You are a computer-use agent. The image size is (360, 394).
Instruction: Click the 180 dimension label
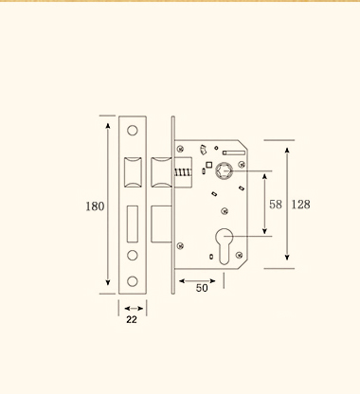point(95,206)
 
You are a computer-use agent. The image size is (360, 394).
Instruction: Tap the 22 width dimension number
point(132,320)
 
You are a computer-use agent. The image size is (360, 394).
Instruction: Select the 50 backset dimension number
point(202,288)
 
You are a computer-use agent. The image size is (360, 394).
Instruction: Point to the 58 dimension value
point(276,205)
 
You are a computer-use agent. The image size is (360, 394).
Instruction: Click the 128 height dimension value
point(300,205)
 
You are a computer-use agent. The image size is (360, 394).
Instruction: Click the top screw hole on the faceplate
point(133,130)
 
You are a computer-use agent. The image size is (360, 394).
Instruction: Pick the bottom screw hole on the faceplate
point(133,281)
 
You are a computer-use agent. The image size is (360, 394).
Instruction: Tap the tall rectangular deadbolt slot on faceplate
point(133,224)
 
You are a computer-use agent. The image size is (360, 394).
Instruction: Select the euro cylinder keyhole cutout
point(224,246)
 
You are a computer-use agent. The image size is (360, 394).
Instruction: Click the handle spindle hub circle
point(224,171)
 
